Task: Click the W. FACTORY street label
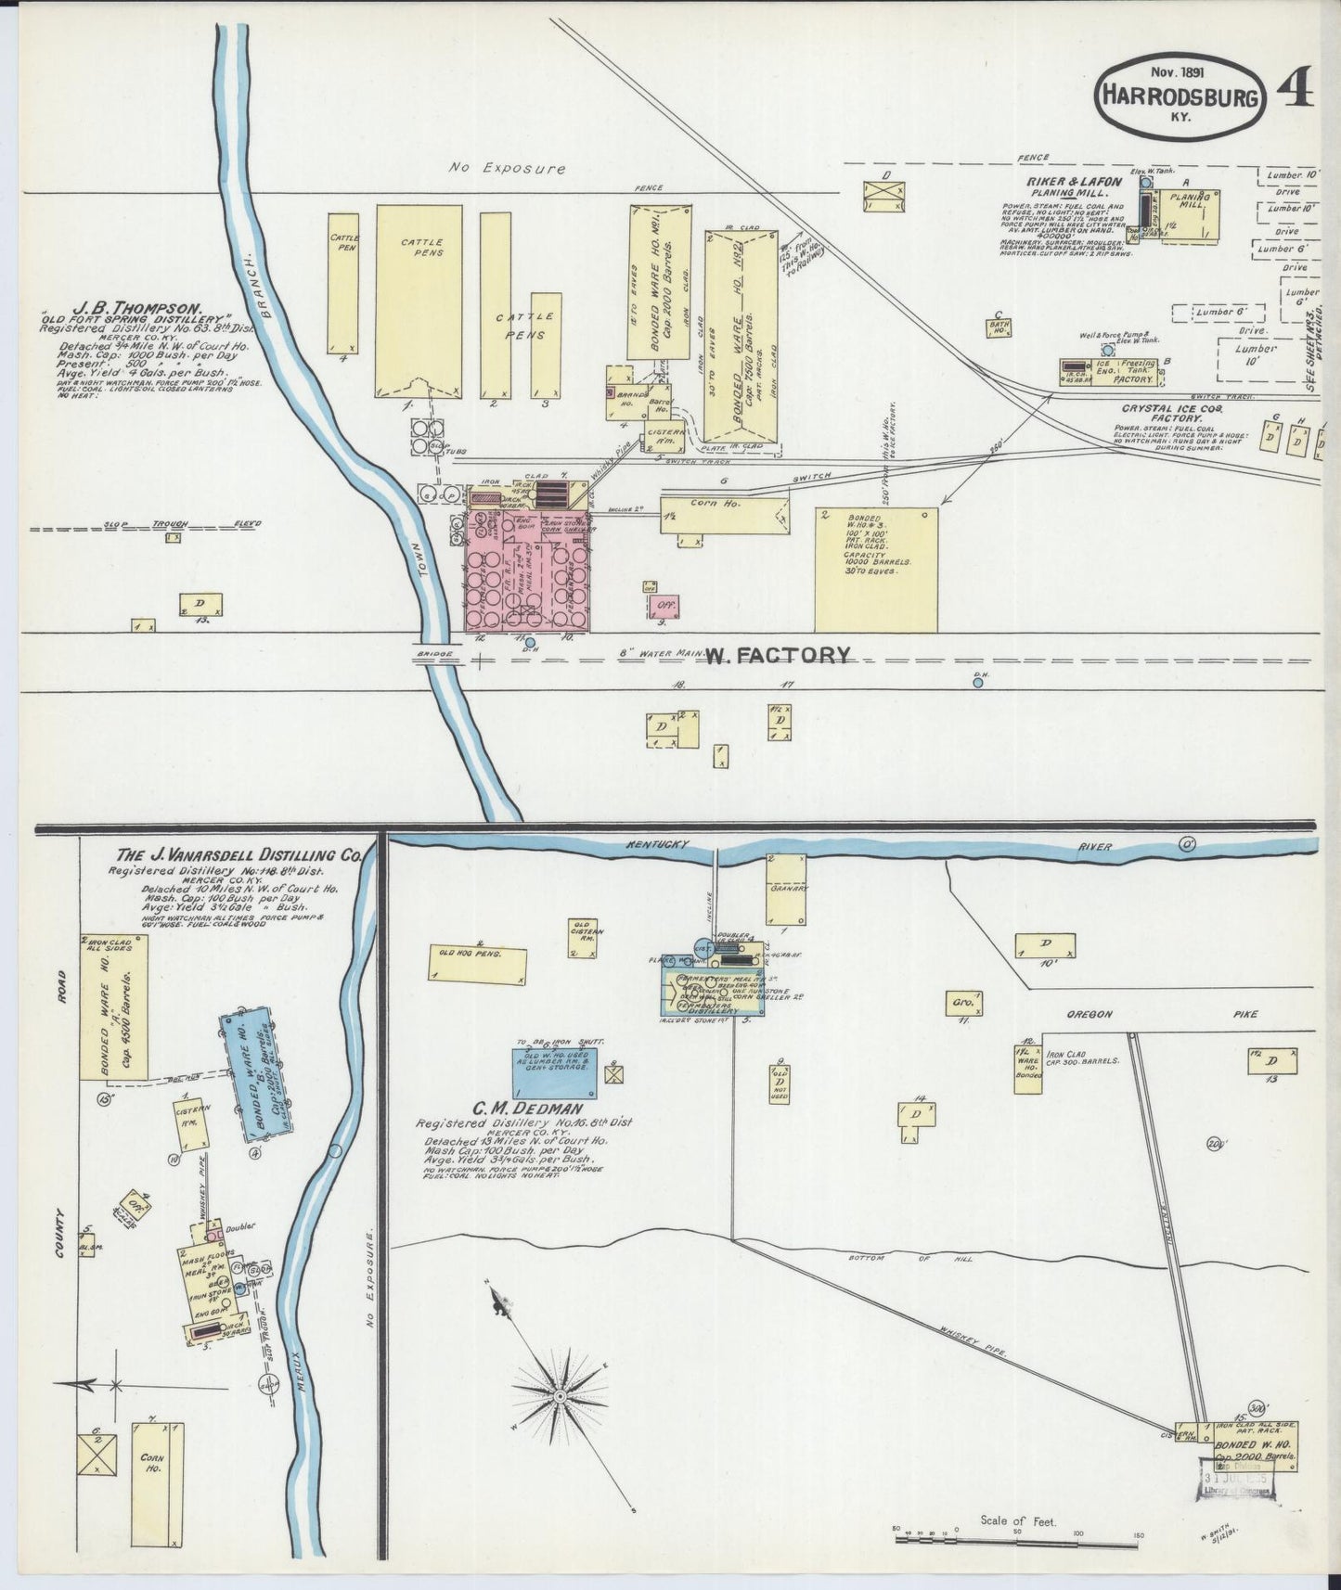point(777,656)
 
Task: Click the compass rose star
point(561,1395)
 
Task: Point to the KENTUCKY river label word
point(655,844)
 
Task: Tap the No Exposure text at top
point(507,169)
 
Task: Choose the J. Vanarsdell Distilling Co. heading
point(237,855)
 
